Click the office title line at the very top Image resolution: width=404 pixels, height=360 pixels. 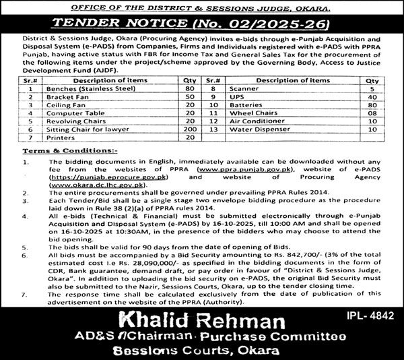coord(202,7)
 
